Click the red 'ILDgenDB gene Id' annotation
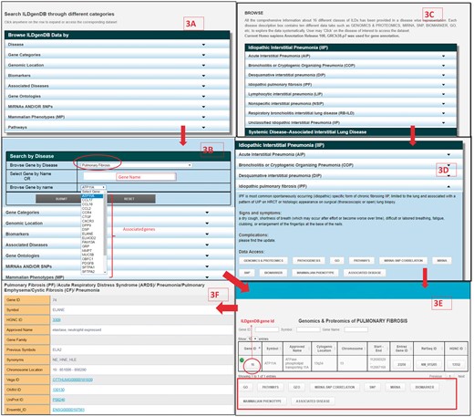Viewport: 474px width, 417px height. coord(262,321)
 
